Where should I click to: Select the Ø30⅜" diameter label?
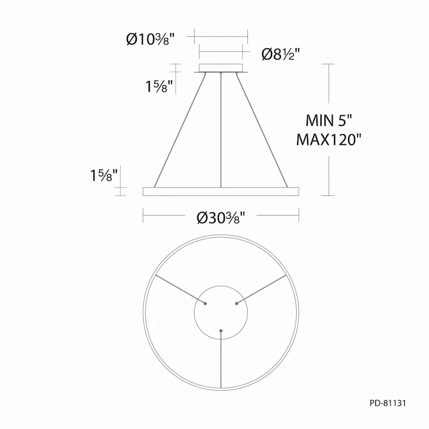(x=220, y=218)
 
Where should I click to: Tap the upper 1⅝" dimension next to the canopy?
(x=159, y=86)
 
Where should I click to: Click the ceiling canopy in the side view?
(x=221, y=68)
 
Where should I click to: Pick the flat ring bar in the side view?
(x=220, y=191)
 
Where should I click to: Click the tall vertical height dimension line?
(x=328, y=129)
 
